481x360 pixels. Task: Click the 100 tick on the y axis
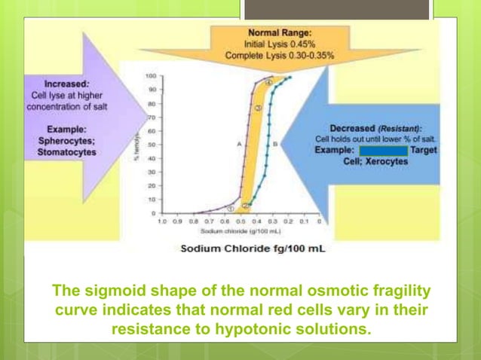tap(152, 76)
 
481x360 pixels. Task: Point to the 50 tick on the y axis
tap(152, 145)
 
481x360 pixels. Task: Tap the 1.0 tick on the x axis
tap(162, 223)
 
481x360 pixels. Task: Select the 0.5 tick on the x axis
tap(240, 223)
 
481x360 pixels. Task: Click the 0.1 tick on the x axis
tap(303, 223)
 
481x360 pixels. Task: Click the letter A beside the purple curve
tap(237, 143)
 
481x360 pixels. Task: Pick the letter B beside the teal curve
tap(275, 143)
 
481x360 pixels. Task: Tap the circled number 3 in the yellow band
tap(257, 109)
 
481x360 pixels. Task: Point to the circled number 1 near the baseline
tap(231, 208)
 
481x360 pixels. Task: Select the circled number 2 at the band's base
tap(247, 204)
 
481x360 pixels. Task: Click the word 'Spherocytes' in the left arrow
tap(63, 141)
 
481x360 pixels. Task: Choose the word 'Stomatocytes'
tap(65, 152)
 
